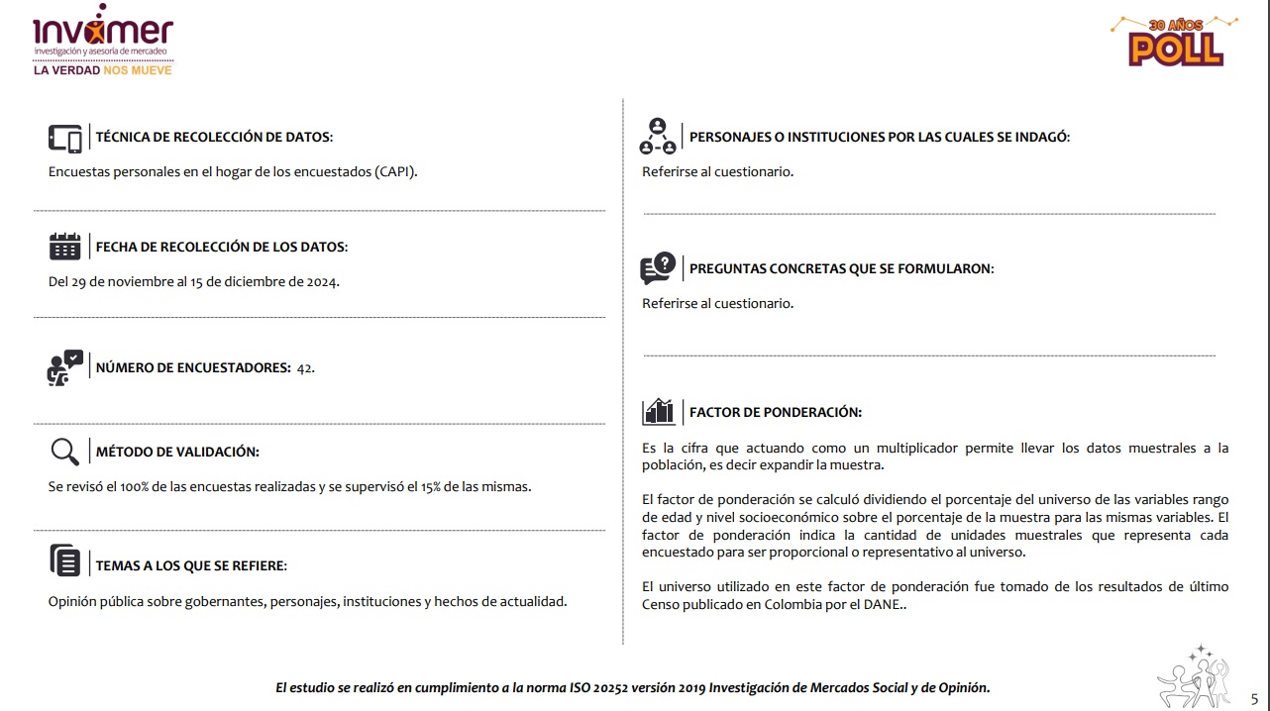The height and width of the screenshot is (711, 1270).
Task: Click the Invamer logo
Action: coord(102,37)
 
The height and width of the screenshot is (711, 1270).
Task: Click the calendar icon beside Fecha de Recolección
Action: coord(65,246)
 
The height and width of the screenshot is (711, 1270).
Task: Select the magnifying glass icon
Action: coord(64,452)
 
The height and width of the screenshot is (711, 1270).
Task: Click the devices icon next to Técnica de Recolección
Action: coord(65,138)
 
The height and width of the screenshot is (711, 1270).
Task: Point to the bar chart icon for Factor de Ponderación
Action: coord(659,411)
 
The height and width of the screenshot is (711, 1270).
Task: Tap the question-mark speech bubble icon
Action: coord(659,267)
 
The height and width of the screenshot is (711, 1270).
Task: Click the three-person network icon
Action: coord(658,137)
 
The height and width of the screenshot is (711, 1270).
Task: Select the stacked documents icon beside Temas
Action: coord(65,561)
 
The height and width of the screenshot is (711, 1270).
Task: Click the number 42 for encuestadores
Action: coord(305,368)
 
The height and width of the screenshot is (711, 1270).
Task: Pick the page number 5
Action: coord(1254,698)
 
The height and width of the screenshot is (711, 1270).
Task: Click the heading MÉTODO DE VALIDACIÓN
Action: coord(177,453)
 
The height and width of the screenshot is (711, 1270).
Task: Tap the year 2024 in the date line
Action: coord(320,282)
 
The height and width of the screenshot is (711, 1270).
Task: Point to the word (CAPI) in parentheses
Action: coord(396,171)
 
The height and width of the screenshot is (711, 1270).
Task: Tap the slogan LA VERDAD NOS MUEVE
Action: coord(102,70)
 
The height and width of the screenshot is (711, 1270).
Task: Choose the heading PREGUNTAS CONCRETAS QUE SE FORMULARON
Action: coord(841,268)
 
